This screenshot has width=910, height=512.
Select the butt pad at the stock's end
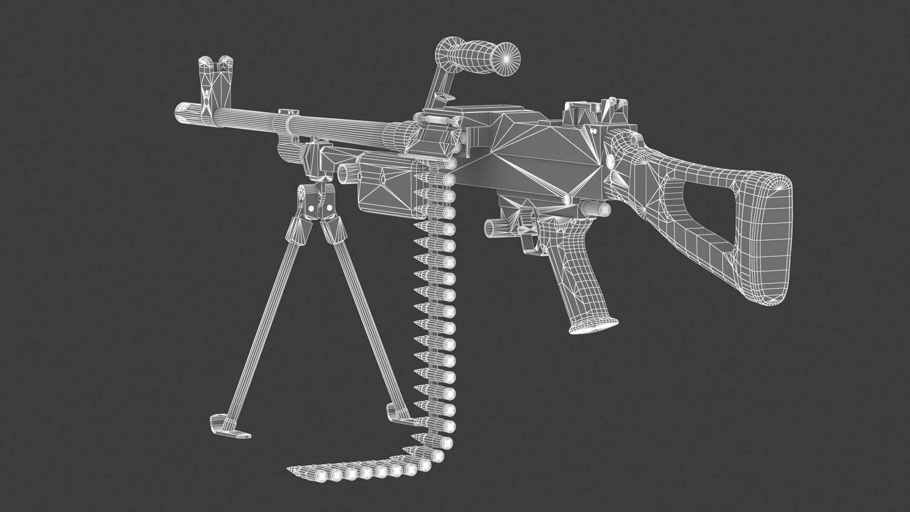point(768,239)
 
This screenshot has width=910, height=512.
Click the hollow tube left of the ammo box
point(346,173)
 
